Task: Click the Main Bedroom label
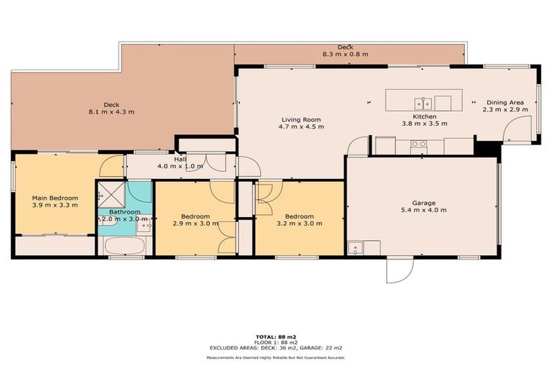pos(55,198)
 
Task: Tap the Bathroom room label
pos(125,212)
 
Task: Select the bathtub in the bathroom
pos(125,246)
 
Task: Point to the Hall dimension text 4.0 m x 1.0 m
pos(180,166)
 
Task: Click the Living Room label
pos(300,119)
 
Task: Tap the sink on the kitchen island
pos(427,102)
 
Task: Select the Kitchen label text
pos(424,116)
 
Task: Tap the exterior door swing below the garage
pos(400,270)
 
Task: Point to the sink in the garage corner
pos(355,248)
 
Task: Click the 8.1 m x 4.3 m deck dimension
pos(111,112)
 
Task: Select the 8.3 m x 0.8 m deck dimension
pos(345,54)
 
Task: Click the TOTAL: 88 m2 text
pos(275,336)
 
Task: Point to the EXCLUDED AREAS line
pos(275,348)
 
